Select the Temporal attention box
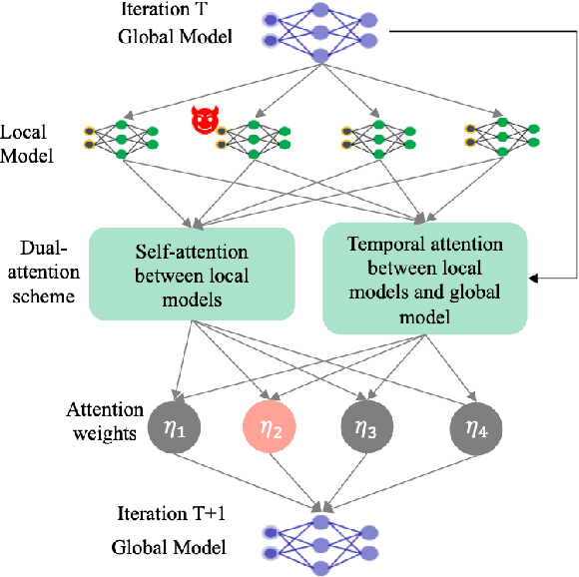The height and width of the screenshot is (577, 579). (425, 276)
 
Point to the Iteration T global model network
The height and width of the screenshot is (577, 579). (320, 31)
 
